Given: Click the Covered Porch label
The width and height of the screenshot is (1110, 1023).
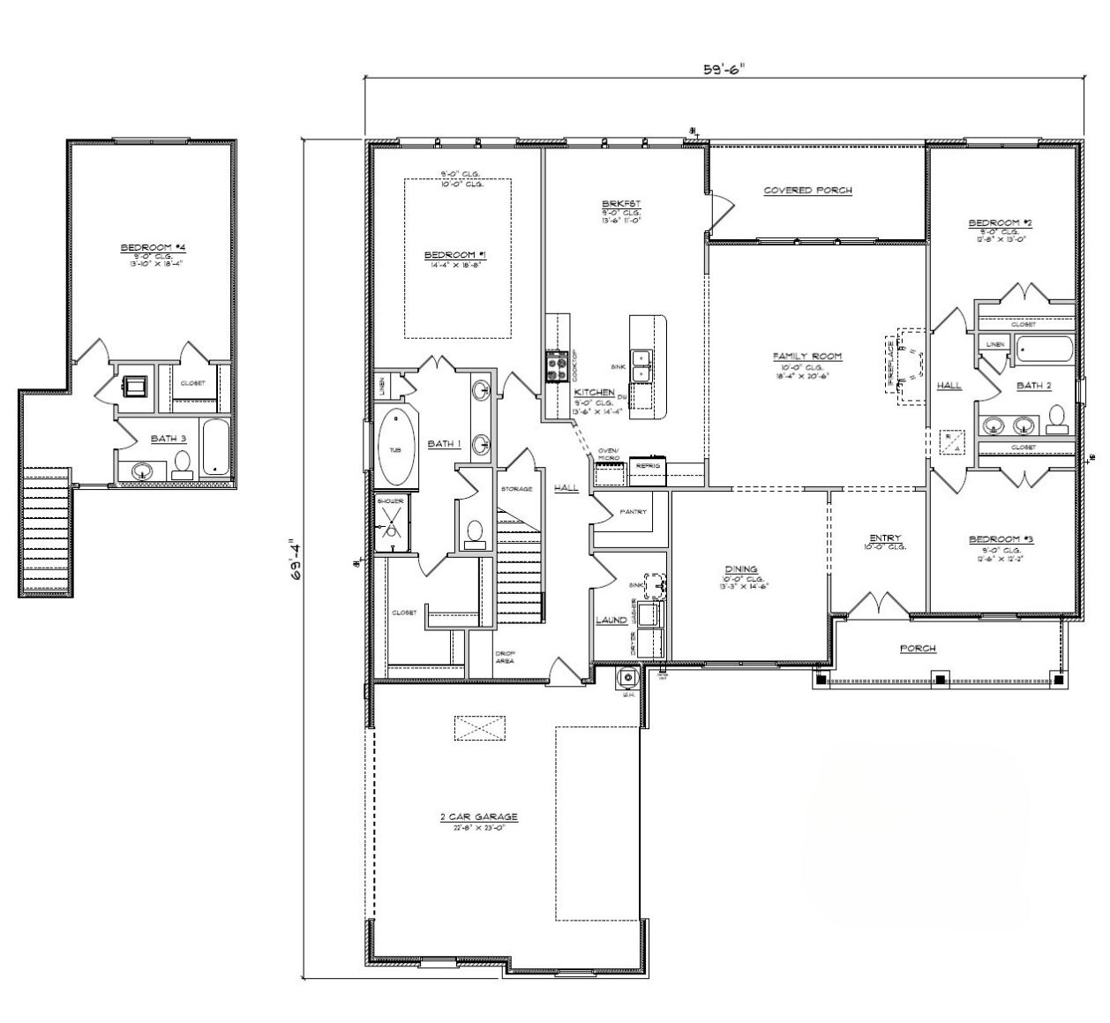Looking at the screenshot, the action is (x=807, y=190).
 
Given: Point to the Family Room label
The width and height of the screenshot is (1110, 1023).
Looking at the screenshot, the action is (x=807, y=357).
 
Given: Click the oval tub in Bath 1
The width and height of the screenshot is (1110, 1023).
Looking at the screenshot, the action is (x=394, y=449).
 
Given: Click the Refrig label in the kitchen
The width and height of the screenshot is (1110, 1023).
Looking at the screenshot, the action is (x=648, y=465).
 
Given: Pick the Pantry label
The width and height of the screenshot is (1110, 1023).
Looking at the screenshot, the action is (x=633, y=512).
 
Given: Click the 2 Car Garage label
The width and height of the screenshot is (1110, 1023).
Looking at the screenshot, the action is (x=478, y=817).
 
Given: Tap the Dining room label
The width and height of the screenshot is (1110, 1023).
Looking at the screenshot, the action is (x=740, y=569).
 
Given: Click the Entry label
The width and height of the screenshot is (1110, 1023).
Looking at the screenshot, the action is (x=884, y=538).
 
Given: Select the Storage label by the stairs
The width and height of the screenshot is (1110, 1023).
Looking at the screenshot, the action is (x=516, y=488).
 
